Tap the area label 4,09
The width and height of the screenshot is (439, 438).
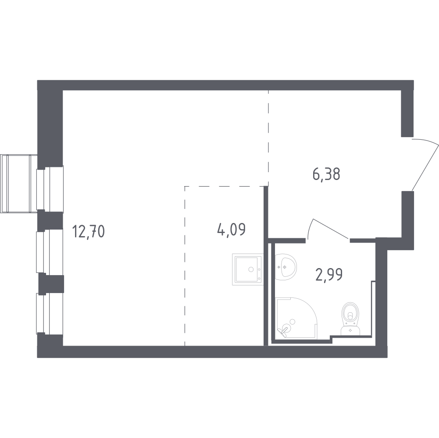pos(231,229)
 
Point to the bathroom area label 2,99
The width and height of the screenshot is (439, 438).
pos(329,275)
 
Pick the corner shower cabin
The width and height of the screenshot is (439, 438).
pos(295,318)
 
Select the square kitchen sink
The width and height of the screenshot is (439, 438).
pos(248,268)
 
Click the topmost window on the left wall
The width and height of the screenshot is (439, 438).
pos(50,189)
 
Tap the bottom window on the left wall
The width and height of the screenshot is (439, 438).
pos(50,313)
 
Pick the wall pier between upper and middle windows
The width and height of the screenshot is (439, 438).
pos(50,220)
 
